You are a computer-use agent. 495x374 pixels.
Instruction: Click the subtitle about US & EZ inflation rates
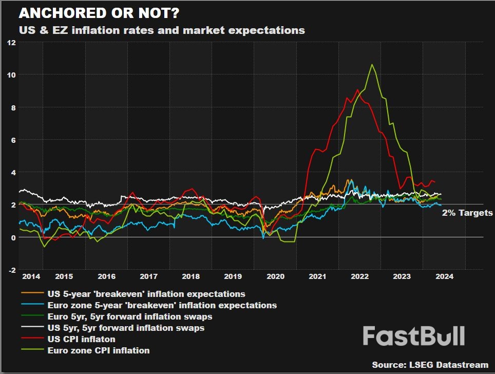(162, 30)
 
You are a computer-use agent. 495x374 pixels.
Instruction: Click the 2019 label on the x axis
(233, 276)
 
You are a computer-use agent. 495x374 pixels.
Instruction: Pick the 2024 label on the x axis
(444, 276)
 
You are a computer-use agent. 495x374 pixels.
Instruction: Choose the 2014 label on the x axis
(31, 276)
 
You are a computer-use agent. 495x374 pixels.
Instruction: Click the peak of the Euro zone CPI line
(372, 65)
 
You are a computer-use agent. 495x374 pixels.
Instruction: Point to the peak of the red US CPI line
(358, 90)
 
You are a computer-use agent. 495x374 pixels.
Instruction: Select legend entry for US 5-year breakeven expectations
(146, 294)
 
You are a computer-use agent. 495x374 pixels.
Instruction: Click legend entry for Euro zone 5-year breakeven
(162, 306)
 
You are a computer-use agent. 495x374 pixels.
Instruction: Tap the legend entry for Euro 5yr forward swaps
(129, 316)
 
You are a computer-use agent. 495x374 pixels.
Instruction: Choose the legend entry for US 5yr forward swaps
(126, 328)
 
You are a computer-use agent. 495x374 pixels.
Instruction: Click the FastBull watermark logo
(414, 336)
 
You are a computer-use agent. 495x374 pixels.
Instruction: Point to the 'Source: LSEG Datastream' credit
(430, 365)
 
